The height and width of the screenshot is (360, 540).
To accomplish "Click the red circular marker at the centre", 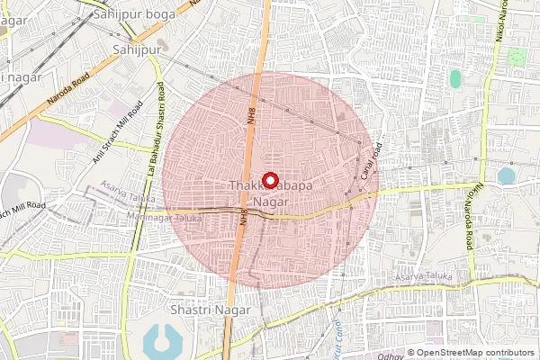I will click(267, 178).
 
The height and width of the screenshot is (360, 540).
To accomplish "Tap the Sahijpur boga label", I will click(148, 11).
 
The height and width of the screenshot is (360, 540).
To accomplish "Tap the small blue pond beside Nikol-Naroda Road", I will click(506, 175).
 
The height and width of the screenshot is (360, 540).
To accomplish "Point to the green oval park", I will click(455, 78).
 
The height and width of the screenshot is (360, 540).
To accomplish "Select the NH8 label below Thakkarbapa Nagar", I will click(243, 217).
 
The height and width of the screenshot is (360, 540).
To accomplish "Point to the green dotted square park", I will click(517, 57).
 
